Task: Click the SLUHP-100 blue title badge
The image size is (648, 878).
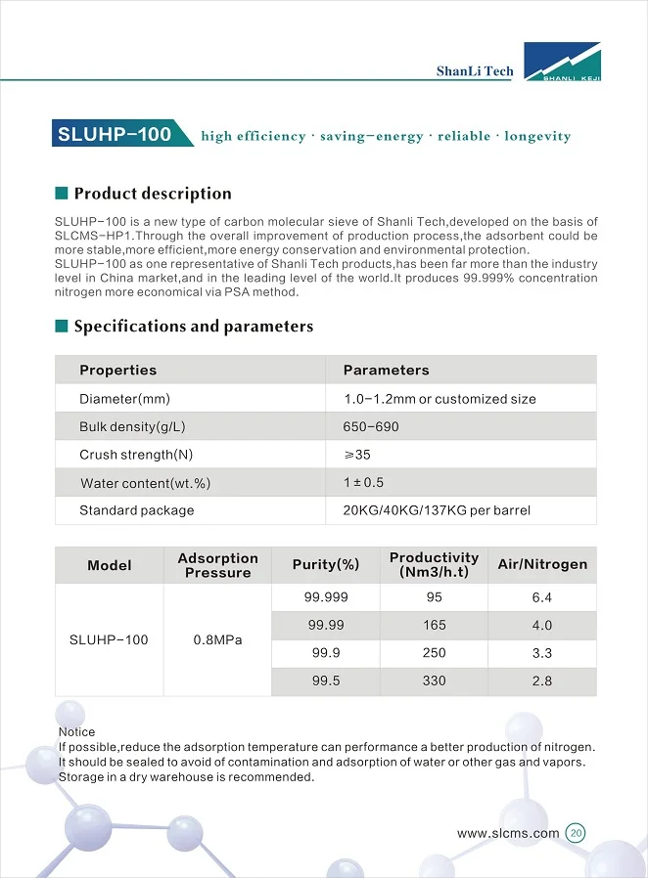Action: point(115,135)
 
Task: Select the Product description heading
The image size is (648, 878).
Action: point(153,194)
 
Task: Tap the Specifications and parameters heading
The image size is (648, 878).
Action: point(194,327)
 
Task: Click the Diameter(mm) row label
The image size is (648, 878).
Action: point(125,399)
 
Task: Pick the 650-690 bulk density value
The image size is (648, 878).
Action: point(371,427)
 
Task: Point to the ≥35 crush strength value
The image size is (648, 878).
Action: point(357,455)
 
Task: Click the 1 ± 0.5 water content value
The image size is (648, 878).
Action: point(363,483)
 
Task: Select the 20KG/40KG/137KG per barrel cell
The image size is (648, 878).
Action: point(437,510)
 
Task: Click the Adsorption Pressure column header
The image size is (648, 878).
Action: point(217,565)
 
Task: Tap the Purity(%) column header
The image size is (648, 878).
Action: point(326,565)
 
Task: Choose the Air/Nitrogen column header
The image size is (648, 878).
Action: point(542,565)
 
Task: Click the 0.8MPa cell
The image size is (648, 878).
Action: point(217,640)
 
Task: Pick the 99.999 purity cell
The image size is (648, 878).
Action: point(326,597)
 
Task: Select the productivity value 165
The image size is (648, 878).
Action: point(435,625)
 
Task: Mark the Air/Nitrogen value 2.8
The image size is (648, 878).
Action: point(542,680)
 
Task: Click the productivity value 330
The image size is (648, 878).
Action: point(435,680)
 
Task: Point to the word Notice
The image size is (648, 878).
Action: point(77,732)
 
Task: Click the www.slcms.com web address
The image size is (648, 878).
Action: point(508,834)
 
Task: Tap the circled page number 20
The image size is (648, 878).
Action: point(576,834)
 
